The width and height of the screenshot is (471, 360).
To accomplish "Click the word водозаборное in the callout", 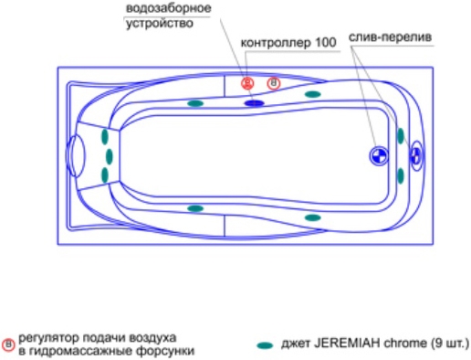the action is [x=168, y=8].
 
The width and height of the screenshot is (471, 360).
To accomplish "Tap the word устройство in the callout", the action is [x=160, y=24].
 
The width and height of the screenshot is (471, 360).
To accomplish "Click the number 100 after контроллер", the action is [x=326, y=43].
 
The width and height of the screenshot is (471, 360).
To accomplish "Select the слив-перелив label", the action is [x=390, y=37].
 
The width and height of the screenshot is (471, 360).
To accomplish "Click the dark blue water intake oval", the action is [x=255, y=103].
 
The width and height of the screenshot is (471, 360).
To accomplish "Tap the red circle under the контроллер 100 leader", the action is [x=247, y=83].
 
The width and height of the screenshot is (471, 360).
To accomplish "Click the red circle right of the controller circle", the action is [x=274, y=83].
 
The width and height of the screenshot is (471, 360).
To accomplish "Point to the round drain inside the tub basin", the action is [x=379, y=156].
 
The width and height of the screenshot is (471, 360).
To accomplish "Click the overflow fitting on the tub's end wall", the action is [x=416, y=156].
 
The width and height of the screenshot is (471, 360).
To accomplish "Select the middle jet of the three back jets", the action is [x=110, y=156].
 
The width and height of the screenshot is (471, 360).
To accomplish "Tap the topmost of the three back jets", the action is [x=105, y=136].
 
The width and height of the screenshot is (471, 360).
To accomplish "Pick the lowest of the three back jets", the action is [x=105, y=175].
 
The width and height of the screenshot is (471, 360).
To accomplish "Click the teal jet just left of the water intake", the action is [x=195, y=103].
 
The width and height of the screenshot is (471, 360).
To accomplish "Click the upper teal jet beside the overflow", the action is [x=401, y=136].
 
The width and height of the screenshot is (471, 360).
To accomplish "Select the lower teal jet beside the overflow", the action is [x=401, y=176].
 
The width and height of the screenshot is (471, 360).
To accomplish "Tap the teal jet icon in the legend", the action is [x=265, y=345].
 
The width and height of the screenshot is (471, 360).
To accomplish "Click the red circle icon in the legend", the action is [x=8, y=345].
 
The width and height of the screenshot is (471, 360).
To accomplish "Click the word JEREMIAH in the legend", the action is [x=347, y=344].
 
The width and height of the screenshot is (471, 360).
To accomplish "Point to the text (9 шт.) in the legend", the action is [x=451, y=344].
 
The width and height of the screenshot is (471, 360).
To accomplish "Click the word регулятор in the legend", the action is [x=49, y=338].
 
